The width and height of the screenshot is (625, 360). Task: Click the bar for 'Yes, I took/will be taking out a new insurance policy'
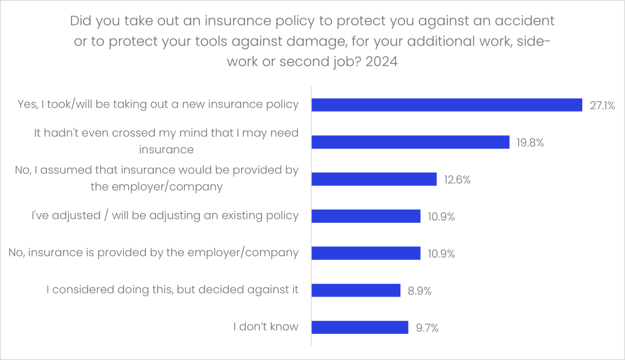click(447, 105)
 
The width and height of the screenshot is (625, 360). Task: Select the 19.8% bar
click(410, 142)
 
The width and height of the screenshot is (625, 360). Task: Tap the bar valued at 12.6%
click(374, 179)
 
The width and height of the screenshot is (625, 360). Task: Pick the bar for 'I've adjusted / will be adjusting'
click(366, 216)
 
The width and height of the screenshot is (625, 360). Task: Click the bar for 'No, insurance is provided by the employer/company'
click(366, 253)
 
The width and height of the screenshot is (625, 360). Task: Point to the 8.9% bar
click(356, 290)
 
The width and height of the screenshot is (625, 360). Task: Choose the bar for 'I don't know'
click(359, 327)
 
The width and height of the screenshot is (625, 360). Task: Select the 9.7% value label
click(427, 328)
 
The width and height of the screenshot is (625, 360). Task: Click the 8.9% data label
click(419, 290)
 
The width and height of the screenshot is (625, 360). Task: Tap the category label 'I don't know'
click(266, 326)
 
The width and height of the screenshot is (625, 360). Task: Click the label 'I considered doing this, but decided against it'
click(173, 289)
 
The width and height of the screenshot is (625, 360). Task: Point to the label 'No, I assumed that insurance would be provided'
click(157, 178)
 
